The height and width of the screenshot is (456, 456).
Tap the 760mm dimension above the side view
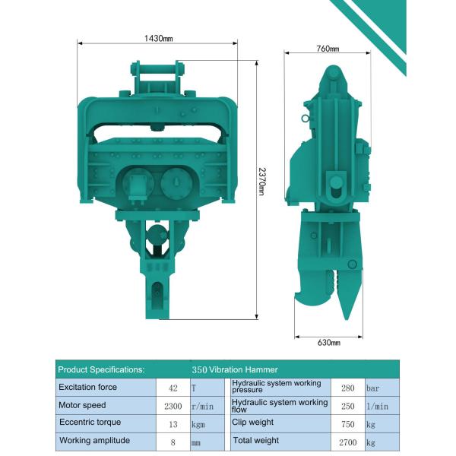coord(328,49)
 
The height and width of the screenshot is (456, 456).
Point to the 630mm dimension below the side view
coord(328,343)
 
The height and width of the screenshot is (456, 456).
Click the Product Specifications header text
coord(102,369)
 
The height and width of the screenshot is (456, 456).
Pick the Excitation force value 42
coord(173,388)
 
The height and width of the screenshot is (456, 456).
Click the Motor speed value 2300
coord(173,406)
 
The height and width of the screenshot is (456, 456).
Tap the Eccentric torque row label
coord(90,423)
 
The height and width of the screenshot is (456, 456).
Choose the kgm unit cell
coord(199,424)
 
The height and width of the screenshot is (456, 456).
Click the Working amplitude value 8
coord(173,442)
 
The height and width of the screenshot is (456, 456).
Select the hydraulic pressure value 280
coord(347,388)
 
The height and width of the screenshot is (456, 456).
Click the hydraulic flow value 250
coord(347,406)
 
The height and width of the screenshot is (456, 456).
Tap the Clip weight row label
coord(254,423)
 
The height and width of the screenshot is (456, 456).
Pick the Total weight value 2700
coord(347,442)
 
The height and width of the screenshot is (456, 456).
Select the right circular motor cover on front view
coord(176,183)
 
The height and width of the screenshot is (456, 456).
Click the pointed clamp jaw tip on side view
coord(345,312)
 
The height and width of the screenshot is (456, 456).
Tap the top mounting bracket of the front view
coord(158,77)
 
